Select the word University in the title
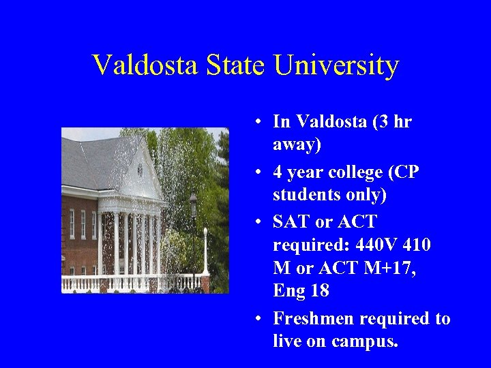336,65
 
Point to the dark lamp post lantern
193,203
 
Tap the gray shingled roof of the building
95,164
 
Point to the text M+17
387,268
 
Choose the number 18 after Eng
318,291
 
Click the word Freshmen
313,318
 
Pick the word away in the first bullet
293,144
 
